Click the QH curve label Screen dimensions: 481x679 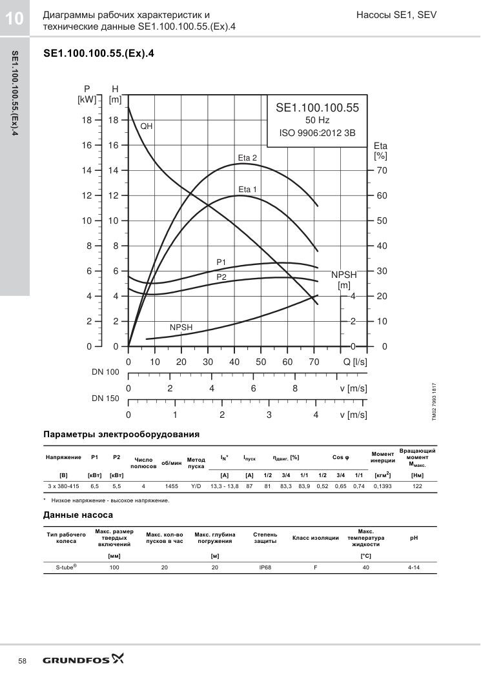pos(146,126)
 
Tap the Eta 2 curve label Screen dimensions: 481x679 pos(247,158)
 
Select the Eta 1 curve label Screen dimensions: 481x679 pos(248,189)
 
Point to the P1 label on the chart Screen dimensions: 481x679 pos(221,262)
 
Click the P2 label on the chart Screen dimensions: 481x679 pos(221,277)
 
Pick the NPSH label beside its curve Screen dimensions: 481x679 pos(181,328)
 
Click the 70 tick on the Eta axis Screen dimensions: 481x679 pos(382,171)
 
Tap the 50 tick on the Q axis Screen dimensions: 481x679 pos(261,362)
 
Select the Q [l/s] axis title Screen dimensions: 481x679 pos(355,362)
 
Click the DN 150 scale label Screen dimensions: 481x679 pos(105,399)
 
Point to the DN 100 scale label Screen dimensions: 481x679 pos(105,372)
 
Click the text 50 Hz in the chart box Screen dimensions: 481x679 pos(317,121)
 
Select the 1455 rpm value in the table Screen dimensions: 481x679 pos(171,486)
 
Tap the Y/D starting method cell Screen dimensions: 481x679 pos(196,486)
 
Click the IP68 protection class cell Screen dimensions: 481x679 pos(265,567)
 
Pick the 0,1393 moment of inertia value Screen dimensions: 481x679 pos(383,486)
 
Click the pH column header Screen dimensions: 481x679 pos(414,538)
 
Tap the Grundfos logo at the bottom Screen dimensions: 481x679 pos(83,660)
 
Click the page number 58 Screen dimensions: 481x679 pos(23,661)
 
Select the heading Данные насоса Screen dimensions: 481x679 pos(78,515)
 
